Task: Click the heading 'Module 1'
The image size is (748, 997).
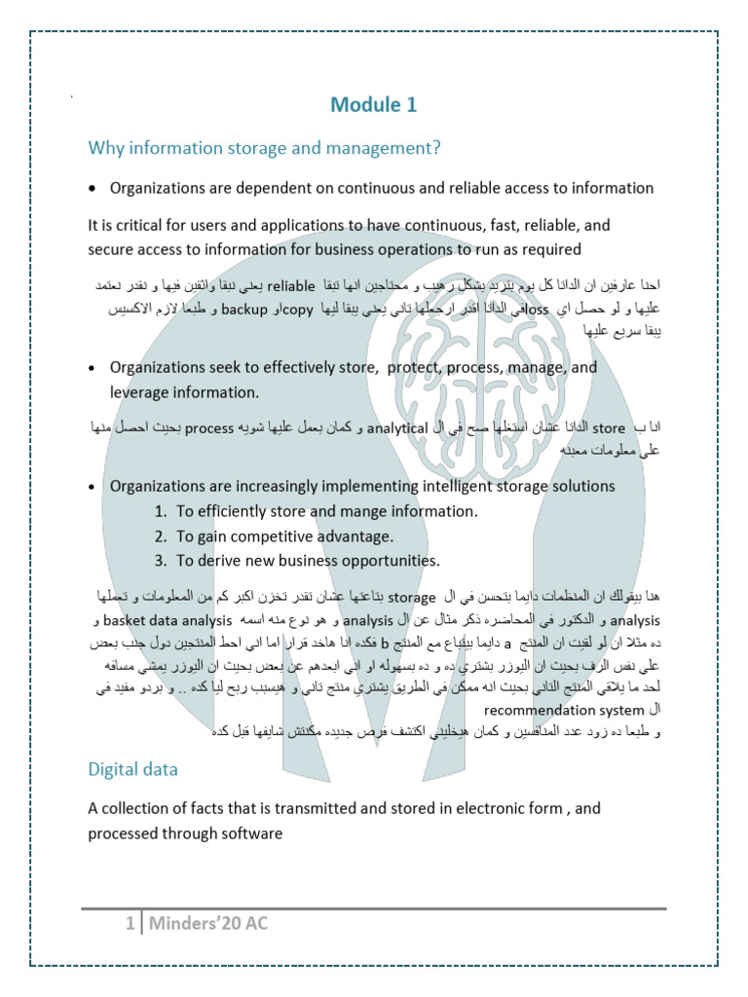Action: tap(374, 105)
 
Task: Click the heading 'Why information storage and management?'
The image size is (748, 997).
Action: tap(264, 148)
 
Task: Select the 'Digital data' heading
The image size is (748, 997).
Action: tap(132, 769)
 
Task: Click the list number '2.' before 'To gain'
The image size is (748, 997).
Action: tap(161, 536)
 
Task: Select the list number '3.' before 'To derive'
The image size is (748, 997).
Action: tap(161, 561)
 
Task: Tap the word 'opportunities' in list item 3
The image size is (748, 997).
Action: tap(392, 561)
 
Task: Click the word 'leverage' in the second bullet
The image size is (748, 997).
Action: tap(139, 392)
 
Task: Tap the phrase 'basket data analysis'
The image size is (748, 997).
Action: tap(166, 620)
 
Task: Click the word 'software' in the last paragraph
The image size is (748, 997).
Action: tap(251, 833)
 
